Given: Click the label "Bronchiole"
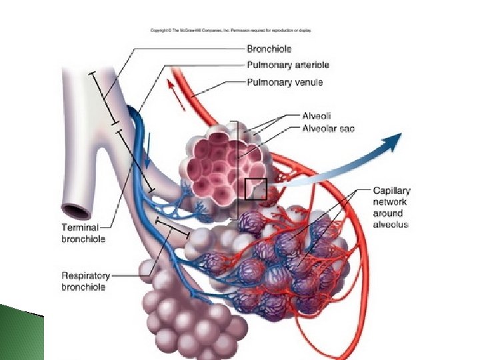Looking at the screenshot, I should tap(269, 49).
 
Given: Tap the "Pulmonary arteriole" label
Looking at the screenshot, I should tap(287, 65).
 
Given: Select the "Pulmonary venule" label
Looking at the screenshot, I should tap(285, 83).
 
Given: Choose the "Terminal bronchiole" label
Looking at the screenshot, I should tap(83, 233).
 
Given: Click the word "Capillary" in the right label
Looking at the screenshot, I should tap(391, 191).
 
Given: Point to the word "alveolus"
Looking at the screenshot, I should tap(390, 225).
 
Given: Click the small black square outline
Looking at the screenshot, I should tap(256, 189).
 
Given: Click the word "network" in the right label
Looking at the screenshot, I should tap(389, 202).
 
